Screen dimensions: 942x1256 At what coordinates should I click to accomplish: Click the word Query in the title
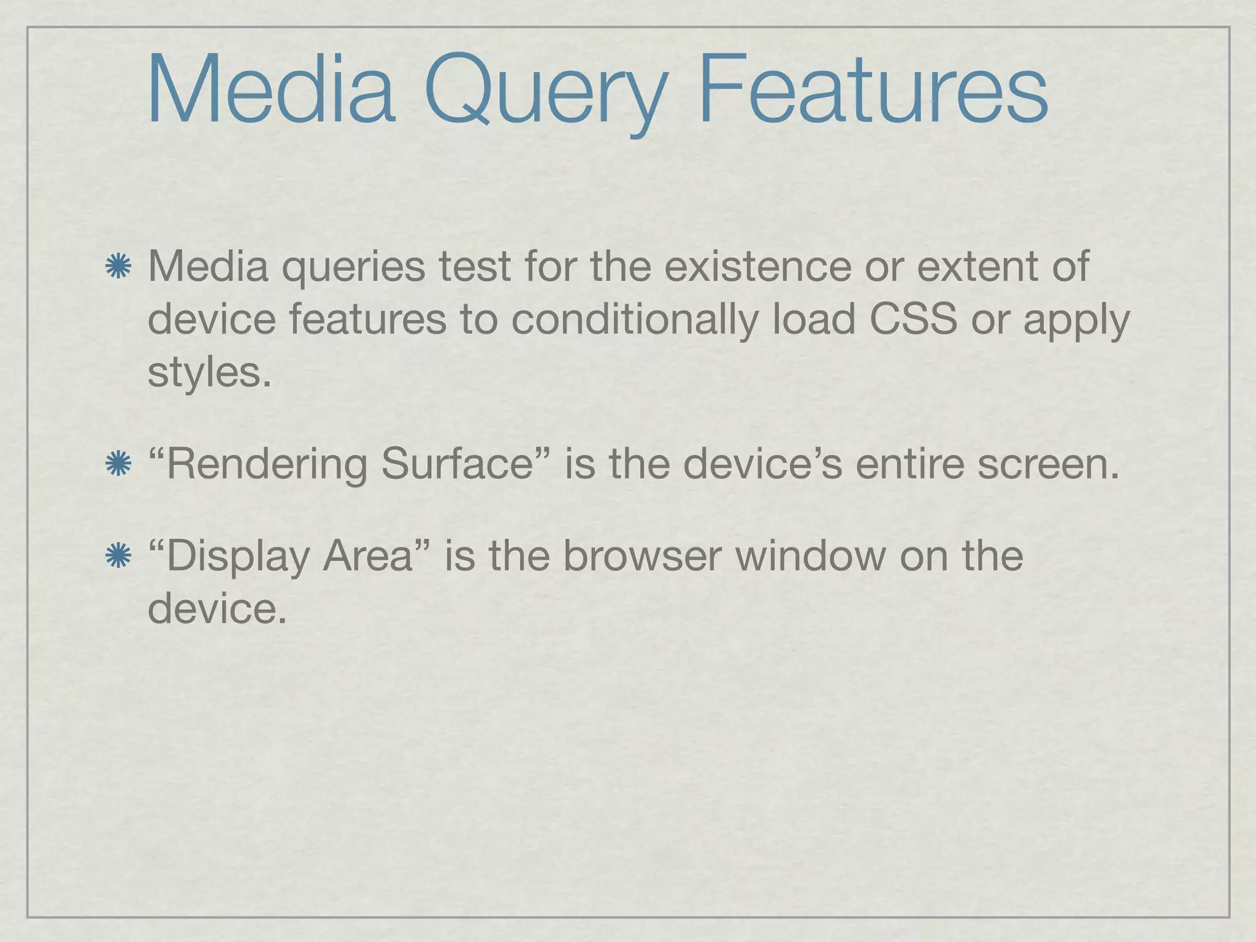(x=546, y=92)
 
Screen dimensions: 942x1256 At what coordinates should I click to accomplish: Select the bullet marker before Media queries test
(x=118, y=267)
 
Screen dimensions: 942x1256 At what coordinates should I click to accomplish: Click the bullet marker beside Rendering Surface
(x=118, y=464)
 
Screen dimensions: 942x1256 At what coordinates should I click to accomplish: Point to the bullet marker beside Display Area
(x=118, y=556)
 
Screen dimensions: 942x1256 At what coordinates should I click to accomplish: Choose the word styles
(x=209, y=373)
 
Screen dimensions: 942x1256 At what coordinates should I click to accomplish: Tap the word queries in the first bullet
(x=353, y=268)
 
